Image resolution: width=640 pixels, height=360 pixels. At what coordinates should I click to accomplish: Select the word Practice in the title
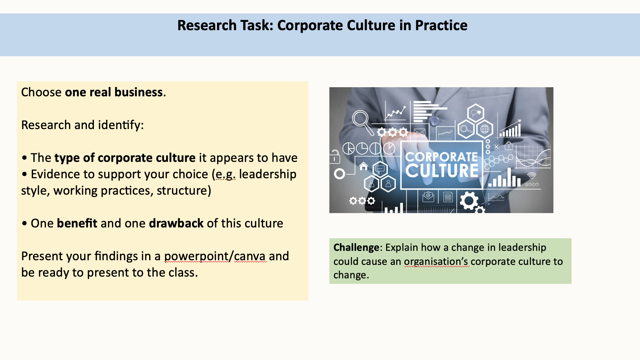441,25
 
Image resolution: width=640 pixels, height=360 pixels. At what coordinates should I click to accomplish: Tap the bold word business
139,92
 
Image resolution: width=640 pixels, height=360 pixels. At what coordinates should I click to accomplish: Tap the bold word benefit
77,223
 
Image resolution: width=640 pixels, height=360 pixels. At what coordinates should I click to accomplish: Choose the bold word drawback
176,223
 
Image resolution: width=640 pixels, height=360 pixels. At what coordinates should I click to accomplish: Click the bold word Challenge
356,248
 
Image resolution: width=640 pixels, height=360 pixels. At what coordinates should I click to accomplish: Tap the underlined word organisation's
437,262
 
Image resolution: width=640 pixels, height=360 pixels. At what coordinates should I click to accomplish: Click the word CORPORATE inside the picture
441,157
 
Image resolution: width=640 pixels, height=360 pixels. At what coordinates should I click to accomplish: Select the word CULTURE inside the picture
442,171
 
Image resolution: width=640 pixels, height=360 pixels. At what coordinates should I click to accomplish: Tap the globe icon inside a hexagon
484,129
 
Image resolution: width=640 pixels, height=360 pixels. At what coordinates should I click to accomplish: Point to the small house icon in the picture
364,166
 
